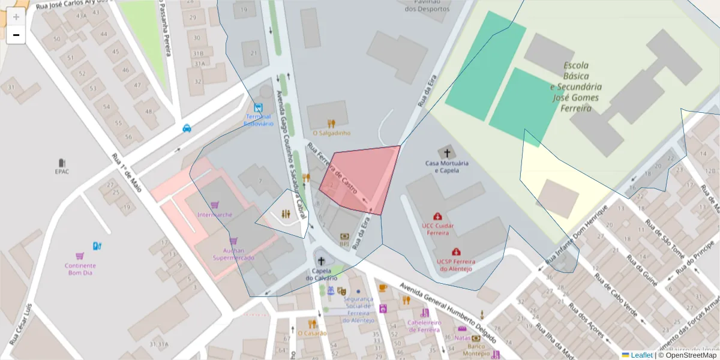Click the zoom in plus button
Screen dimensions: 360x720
coord(16,17)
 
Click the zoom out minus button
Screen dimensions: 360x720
coord(16,35)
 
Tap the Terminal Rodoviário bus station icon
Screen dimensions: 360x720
coord(257,108)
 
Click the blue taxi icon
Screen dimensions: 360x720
coord(187,128)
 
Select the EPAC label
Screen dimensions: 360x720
coord(62,171)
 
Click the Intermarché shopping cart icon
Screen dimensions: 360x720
coord(215,205)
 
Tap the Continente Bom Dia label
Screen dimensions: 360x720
coord(82,269)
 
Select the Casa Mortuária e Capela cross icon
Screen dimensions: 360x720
coord(446,152)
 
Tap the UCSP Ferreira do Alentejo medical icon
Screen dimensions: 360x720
coord(456,252)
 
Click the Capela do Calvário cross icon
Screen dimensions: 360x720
coord(321,261)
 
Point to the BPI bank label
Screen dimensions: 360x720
coord(344,244)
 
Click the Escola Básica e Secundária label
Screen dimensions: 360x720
coord(576,87)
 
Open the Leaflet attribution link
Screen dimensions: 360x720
coord(641,355)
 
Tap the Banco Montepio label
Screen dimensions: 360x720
coord(477,350)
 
